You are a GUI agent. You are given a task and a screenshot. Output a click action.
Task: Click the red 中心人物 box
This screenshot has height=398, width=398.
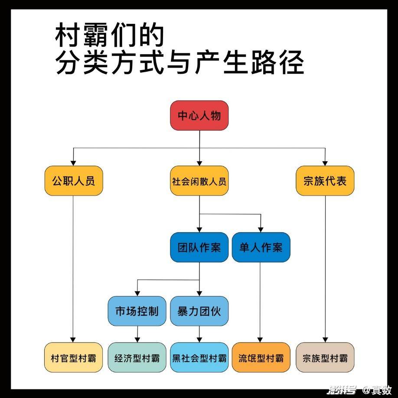pos(199,115)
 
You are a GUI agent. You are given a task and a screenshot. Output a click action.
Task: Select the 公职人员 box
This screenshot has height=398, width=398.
pos(74,181)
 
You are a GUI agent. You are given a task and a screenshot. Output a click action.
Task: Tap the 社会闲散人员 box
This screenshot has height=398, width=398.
pos(199,181)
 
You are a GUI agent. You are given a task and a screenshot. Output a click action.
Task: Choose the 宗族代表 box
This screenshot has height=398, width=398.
pos(325,181)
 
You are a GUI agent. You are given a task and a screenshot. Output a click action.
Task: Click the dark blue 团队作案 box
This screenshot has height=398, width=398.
pos(199,247)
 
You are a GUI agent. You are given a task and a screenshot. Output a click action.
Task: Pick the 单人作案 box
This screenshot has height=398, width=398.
pos(261,247)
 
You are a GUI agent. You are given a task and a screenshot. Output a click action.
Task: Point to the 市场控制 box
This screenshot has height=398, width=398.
pos(137,311)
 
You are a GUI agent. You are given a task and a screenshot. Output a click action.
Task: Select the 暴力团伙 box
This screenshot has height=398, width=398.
pos(199,311)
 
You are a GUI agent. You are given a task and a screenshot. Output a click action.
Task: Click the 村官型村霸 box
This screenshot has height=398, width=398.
pos(74,357)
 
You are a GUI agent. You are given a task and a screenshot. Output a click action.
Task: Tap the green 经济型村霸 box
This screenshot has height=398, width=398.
pos(137,357)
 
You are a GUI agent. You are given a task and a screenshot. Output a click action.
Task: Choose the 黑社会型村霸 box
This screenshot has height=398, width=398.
pos(199,357)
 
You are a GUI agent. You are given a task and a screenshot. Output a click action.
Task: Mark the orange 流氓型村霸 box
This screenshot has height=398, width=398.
pos(261,357)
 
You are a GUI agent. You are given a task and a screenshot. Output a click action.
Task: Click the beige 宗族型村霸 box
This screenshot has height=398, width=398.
pos(325,357)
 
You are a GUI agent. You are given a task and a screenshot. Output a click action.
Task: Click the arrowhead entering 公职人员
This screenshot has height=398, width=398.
pos(73,163)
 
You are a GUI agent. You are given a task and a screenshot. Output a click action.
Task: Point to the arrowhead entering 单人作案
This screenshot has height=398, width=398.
pos(261,229)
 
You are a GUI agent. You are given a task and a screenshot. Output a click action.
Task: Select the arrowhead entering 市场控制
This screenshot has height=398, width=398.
pos(137,293)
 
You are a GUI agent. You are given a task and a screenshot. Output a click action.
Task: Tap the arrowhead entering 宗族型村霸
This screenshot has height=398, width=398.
pos(325,340)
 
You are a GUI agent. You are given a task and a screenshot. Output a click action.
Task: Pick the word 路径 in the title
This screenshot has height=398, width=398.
pos(277,62)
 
